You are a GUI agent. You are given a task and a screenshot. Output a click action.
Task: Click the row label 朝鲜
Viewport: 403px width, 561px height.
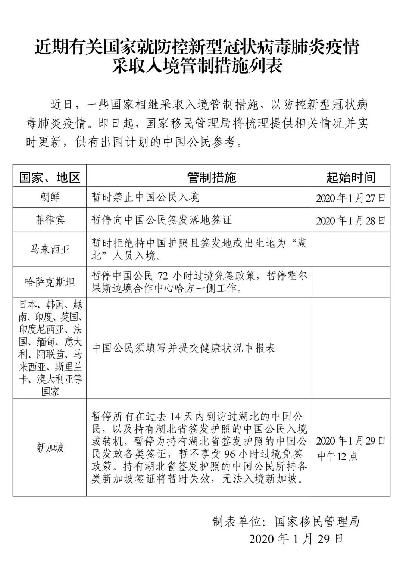point(50,197)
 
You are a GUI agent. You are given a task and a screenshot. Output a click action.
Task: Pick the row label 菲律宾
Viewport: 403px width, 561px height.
point(50,219)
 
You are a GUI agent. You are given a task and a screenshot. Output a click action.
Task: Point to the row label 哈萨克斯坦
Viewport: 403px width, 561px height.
point(50,282)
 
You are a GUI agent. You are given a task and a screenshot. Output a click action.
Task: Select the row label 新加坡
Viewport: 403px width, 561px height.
point(50,447)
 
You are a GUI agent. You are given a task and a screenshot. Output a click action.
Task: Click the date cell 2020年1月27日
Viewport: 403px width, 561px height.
point(351,198)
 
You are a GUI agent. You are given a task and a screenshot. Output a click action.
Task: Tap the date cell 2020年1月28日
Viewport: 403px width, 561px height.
point(351,221)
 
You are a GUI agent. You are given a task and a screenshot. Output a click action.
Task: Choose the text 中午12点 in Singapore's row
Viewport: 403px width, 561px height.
point(337,456)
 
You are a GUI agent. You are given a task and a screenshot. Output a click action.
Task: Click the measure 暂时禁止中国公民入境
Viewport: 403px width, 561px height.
point(146,197)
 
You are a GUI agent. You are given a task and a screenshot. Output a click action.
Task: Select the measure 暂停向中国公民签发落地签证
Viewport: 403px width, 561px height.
point(162,219)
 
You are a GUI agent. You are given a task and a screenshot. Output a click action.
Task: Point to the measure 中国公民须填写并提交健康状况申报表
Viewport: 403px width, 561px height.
point(184,348)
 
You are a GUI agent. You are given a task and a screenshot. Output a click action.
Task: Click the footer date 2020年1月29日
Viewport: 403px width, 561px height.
point(296,539)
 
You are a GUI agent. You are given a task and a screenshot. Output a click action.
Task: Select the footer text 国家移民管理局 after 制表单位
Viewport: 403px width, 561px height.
point(317,521)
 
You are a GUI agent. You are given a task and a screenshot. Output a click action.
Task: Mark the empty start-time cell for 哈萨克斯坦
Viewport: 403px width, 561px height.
point(351,282)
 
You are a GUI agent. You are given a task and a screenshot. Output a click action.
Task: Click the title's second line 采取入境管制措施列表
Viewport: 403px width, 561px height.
point(198,66)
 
